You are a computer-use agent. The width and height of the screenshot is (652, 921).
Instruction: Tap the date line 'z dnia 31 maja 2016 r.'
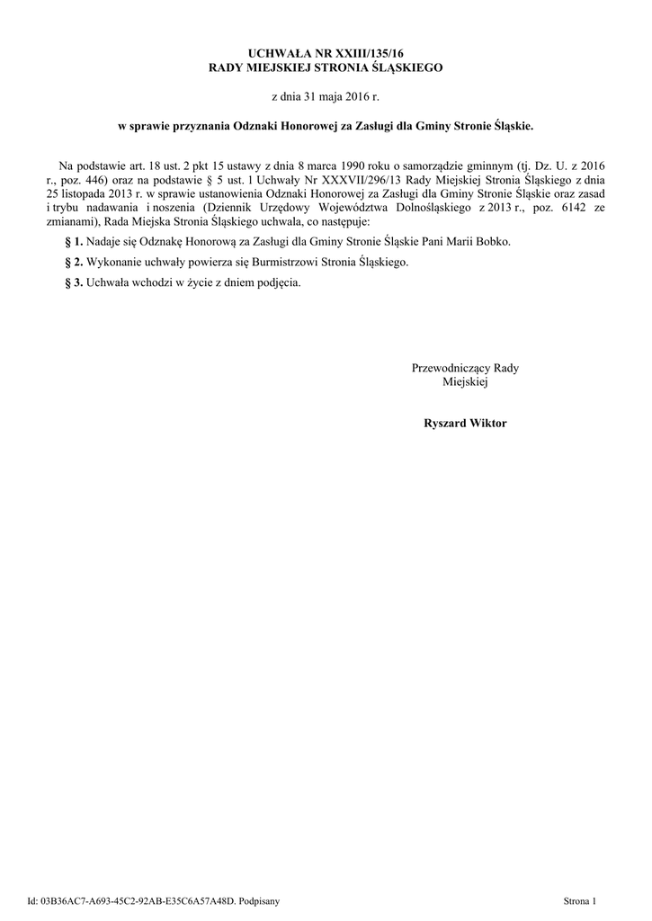tap(326, 95)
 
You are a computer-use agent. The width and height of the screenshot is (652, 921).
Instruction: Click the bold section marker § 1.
tap(75, 242)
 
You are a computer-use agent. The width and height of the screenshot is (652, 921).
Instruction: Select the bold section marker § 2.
tap(75, 262)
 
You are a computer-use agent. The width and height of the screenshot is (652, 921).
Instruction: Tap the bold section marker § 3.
tap(75, 282)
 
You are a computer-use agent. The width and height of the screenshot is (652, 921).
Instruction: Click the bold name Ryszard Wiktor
tap(465, 423)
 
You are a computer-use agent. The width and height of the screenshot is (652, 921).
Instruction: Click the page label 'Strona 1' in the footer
tap(579, 899)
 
